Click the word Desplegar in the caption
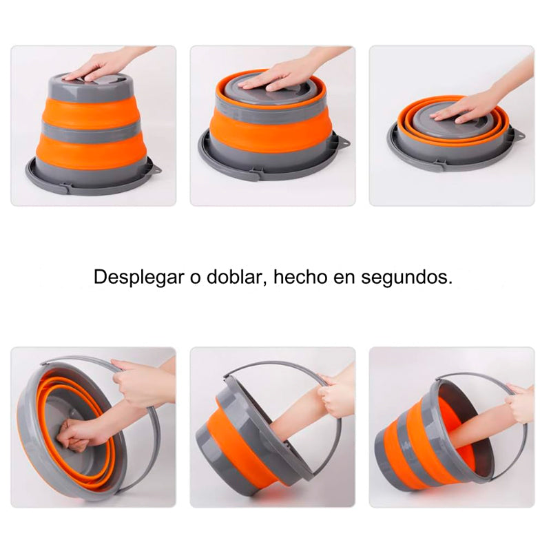[139, 278]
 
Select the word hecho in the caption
[300, 277]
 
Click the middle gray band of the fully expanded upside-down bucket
[90, 130]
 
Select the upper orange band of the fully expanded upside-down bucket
[90, 110]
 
